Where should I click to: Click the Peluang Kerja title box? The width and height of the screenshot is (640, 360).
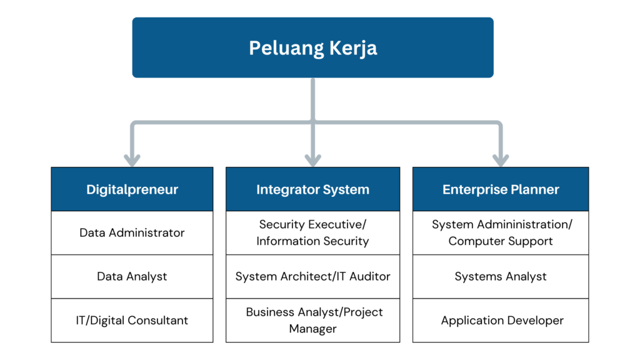click(x=312, y=47)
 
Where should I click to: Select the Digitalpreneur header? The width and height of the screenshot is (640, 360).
click(x=132, y=189)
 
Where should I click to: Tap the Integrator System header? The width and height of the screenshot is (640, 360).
click(x=312, y=189)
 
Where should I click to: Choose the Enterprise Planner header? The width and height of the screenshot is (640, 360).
click(x=501, y=189)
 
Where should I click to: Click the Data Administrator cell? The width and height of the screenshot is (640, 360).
click(x=132, y=232)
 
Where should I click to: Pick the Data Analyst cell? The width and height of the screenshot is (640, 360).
click(x=132, y=276)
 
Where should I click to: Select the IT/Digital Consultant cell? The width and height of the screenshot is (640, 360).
click(x=132, y=321)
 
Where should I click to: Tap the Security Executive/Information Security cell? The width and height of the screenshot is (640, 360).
click(x=312, y=232)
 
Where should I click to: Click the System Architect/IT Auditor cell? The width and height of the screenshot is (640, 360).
click(x=312, y=276)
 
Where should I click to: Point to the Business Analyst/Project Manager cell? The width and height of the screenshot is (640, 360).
click(x=312, y=321)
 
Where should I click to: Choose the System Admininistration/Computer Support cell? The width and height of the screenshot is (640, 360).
click(x=501, y=232)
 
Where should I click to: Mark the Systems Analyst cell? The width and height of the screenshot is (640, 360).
click(x=501, y=276)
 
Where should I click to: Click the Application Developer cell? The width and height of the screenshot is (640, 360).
click(x=501, y=321)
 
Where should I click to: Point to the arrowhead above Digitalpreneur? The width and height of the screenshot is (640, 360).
click(x=132, y=161)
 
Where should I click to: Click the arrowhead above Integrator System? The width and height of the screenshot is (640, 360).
click(x=312, y=161)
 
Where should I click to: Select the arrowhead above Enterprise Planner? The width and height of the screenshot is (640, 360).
click(x=501, y=161)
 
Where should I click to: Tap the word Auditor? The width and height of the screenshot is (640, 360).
click(x=370, y=276)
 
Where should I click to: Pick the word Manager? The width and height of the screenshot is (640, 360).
click(x=312, y=329)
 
